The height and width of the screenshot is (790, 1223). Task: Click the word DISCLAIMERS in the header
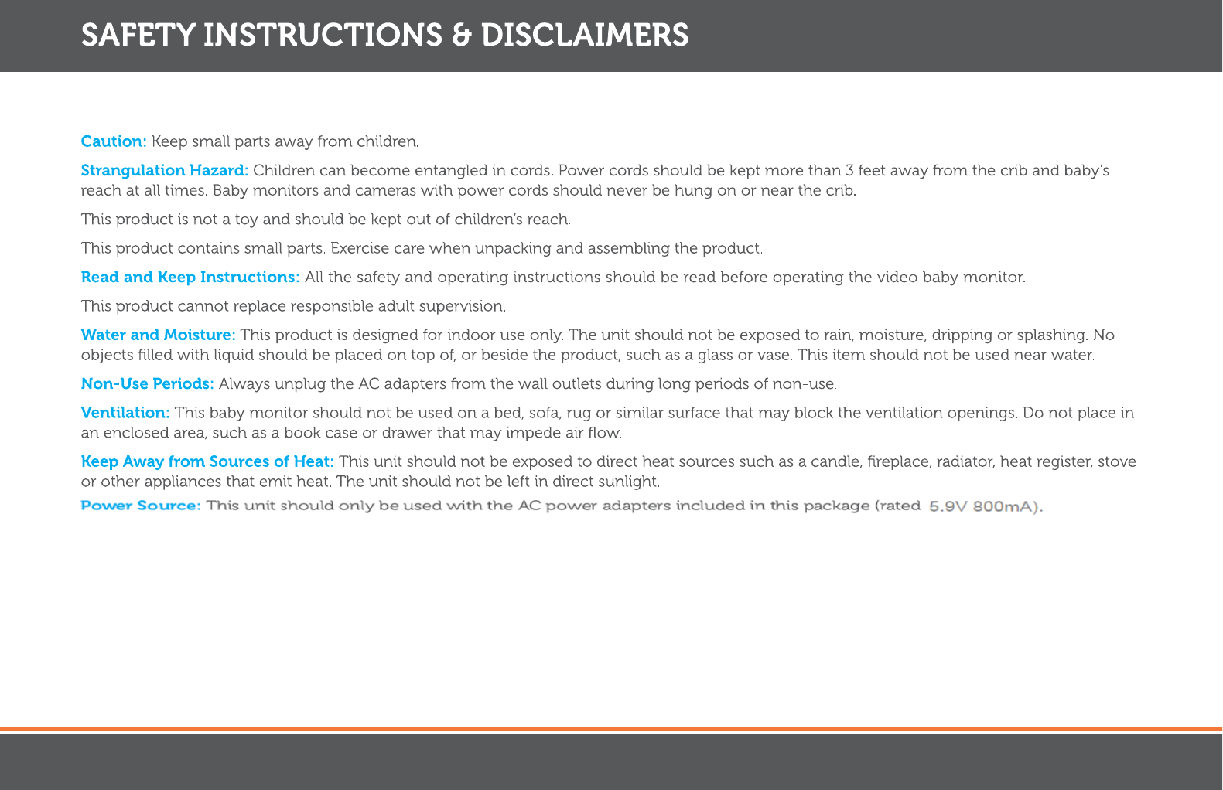tap(584, 36)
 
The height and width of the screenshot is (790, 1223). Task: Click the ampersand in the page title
tap(461, 36)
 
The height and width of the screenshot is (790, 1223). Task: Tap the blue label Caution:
tap(114, 141)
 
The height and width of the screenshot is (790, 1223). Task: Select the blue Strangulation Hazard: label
tap(164, 170)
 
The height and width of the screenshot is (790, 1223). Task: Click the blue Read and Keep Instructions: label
tap(190, 277)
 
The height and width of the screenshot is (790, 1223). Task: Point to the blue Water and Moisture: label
tap(158, 335)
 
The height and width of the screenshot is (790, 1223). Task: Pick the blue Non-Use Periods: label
tap(147, 383)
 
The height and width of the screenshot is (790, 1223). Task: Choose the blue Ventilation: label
tap(125, 413)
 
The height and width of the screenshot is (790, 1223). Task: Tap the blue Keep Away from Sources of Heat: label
tap(207, 461)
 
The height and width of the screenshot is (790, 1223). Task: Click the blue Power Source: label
tap(141, 506)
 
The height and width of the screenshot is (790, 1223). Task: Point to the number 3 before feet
tap(849, 170)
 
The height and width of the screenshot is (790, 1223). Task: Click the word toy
tap(245, 220)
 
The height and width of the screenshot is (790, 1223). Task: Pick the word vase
tap(776, 356)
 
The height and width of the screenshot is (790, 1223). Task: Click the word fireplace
tap(900, 461)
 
